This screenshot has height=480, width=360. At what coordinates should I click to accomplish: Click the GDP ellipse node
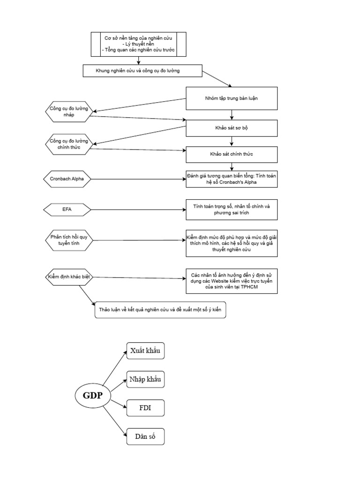pyautogui.click(x=93, y=396)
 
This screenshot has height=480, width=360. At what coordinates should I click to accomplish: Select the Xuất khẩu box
pyautogui.click(x=145, y=351)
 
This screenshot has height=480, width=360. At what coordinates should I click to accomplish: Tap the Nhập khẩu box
pyautogui.click(x=145, y=379)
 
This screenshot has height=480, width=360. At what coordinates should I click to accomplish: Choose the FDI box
pyautogui.click(x=145, y=408)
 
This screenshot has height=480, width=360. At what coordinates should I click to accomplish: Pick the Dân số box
pyautogui.click(x=145, y=436)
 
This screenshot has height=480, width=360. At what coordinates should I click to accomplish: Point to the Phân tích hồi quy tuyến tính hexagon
pyautogui.click(x=69, y=240)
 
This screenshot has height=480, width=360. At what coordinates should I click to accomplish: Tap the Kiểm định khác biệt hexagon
pyautogui.click(x=69, y=277)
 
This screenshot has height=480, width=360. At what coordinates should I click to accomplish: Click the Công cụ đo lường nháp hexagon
pyautogui.click(x=69, y=112)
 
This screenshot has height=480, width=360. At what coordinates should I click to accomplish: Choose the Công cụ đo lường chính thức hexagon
pyautogui.click(x=69, y=144)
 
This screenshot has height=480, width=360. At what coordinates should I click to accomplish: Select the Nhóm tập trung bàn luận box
pyautogui.click(x=232, y=98)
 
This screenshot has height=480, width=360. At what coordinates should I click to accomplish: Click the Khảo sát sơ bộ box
pyautogui.click(x=232, y=127)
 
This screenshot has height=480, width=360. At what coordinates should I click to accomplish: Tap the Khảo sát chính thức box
pyautogui.click(x=232, y=154)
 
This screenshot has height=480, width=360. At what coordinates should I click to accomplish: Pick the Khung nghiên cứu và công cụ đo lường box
pyautogui.click(x=142, y=71)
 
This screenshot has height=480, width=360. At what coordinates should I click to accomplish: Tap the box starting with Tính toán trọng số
pyautogui.click(x=232, y=209)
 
